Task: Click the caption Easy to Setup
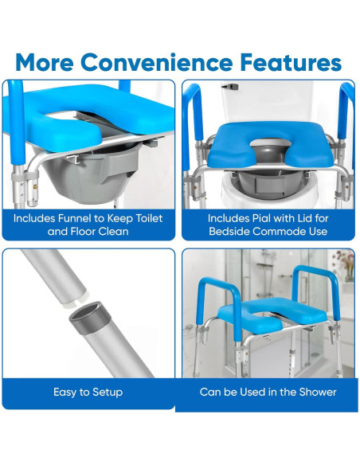[88, 392]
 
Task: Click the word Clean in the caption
[126, 232]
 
